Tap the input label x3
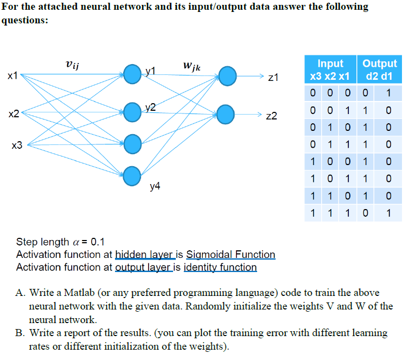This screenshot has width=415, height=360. point(17,145)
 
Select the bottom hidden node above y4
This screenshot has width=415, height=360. point(132,175)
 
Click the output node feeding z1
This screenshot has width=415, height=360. point(227,74)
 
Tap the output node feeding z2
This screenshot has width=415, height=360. point(227,113)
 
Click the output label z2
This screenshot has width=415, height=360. point(272,116)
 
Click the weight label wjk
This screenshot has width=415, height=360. point(191,67)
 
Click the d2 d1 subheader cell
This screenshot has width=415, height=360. point(380,76)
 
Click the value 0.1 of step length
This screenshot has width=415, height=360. point(99,242)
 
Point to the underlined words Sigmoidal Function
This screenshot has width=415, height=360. point(231,255)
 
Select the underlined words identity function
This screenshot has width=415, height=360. point(220,267)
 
